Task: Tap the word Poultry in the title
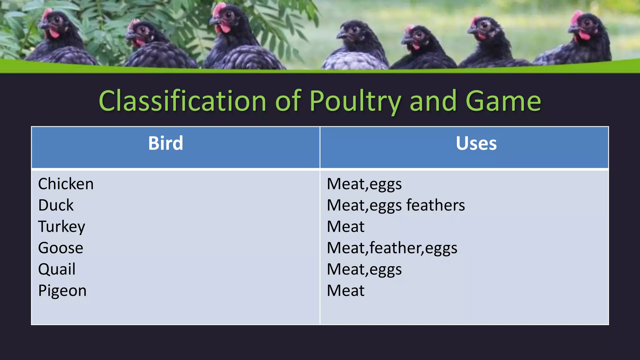tap(355, 101)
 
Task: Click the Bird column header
tap(166, 143)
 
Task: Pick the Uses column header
tap(476, 143)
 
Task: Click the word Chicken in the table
tap(66, 184)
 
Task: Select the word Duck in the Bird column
tap(56, 205)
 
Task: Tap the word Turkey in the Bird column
tap(61, 227)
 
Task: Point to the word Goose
tap(61, 248)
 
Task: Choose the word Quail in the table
tap(57, 269)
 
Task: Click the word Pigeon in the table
tap(62, 291)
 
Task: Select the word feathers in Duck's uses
tap(435, 205)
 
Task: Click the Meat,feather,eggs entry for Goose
tap(392, 248)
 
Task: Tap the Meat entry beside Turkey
tap(345, 227)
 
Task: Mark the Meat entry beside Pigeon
tap(345, 291)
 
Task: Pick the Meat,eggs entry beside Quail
tap(364, 269)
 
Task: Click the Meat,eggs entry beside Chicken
tap(364, 184)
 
